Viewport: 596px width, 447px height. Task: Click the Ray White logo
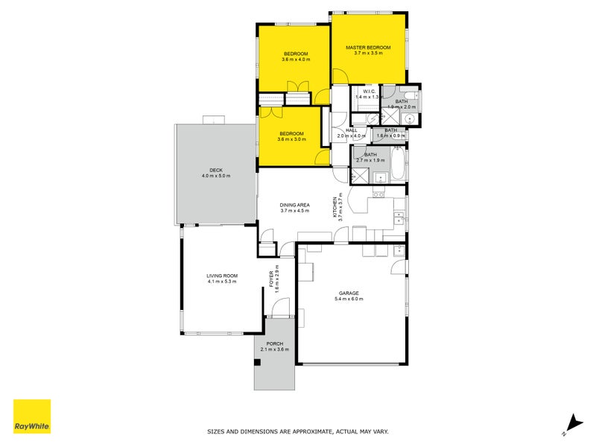[32, 416]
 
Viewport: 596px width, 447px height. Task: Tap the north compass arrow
[572, 421]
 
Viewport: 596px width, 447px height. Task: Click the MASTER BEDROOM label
[368, 47]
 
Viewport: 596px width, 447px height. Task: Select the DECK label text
[216, 170]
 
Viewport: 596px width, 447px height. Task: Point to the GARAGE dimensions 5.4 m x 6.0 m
[349, 299]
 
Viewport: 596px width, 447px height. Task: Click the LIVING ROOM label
[222, 276]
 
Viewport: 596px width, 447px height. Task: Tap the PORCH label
[274, 343]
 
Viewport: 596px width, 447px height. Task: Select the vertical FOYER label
[271, 279]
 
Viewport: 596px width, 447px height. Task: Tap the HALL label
[352, 130]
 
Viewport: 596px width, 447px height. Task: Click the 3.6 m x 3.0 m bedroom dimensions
[291, 139]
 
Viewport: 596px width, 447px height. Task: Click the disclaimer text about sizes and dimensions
[297, 431]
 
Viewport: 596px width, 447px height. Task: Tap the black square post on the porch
[257, 363]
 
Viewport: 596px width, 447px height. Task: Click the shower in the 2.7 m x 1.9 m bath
[361, 174]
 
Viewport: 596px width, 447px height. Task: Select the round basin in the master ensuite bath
[409, 118]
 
